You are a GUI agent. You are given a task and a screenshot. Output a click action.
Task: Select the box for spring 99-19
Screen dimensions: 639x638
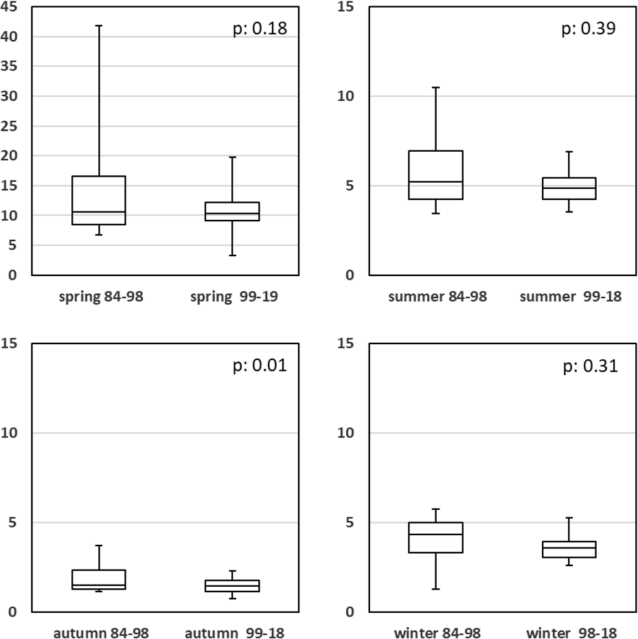click(233, 212)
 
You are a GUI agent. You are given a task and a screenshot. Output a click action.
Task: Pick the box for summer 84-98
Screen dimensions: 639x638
click(435, 175)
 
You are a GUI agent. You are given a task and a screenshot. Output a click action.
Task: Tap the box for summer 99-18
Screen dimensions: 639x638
click(569, 188)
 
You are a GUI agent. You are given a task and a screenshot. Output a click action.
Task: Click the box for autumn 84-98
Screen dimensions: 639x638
click(99, 579)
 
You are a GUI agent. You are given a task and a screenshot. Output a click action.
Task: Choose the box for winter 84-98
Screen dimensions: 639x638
click(435, 537)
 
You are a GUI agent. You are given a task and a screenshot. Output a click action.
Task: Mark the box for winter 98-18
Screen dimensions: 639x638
click(569, 549)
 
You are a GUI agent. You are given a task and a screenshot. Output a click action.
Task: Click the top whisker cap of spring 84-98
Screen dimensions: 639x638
click(99, 25)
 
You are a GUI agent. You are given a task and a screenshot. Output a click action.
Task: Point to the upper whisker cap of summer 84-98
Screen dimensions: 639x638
click(435, 87)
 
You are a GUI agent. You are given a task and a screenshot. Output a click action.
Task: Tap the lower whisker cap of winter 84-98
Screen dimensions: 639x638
click(435, 589)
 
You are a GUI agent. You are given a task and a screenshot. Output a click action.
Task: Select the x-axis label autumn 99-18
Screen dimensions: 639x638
click(233, 632)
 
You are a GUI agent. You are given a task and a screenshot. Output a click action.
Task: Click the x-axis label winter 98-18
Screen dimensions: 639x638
click(569, 632)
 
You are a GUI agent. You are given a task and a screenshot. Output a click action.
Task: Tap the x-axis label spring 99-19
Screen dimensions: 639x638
click(233, 297)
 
